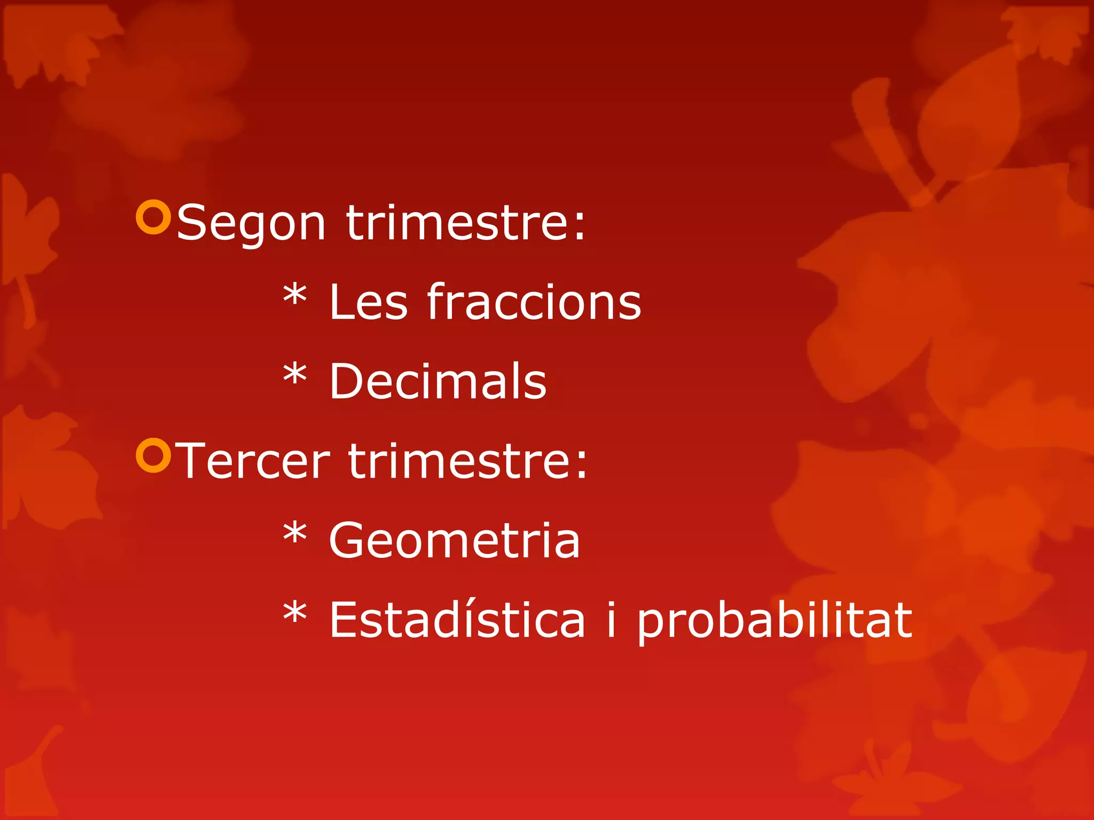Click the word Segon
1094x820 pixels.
[x=251, y=223]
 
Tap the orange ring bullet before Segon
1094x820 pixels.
[x=153, y=217]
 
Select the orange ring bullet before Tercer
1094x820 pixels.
[x=153, y=455]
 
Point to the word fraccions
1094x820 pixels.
[x=534, y=302]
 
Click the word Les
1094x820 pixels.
[x=369, y=302]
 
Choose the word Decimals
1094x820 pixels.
[x=437, y=381]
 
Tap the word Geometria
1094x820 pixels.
[x=454, y=540]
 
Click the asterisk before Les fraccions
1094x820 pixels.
[x=295, y=295]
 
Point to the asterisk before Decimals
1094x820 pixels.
[x=295, y=374]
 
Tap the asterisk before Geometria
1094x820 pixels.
[x=295, y=533]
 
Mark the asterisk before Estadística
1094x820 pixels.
[x=295, y=612]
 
